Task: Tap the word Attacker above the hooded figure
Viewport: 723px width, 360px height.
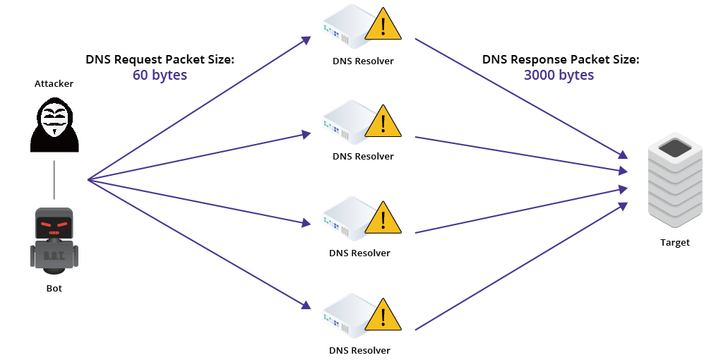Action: [x=54, y=84]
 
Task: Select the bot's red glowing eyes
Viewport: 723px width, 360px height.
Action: [x=54, y=225]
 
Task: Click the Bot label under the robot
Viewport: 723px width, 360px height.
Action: [x=54, y=288]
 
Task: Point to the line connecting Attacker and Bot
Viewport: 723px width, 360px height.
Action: [x=54, y=180]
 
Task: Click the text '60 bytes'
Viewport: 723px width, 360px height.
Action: [x=160, y=75]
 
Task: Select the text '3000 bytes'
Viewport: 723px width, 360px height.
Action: [x=559, y=75]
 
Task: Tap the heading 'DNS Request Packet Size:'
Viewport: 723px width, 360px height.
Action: [x=160, y=59]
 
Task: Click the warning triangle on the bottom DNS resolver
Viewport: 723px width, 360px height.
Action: [x=383, y=316]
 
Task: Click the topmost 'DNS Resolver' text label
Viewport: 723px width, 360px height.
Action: [x=363, y=61]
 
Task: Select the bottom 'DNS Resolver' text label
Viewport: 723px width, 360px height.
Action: [x=359, y=349]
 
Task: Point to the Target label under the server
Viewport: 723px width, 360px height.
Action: [x=675, y=243]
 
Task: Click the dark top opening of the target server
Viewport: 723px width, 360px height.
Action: [x=675, y=148]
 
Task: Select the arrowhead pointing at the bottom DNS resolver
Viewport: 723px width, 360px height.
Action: [x=306, y=306]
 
